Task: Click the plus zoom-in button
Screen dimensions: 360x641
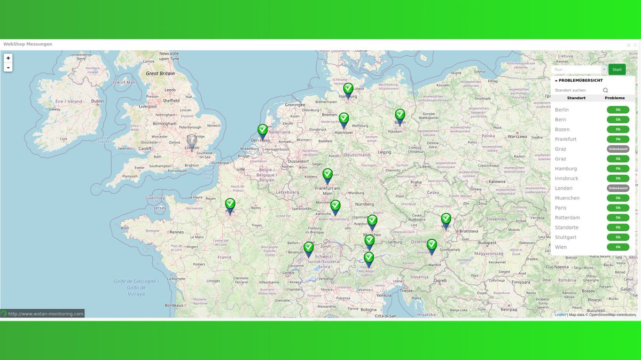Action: click(x=8, y=58)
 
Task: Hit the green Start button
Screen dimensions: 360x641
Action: click(x=617, y=69)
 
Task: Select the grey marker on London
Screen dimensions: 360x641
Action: click(x=192, y=141)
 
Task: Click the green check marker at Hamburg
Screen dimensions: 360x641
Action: click(x=348, y=89)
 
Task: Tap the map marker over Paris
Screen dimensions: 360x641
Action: click(x=230, y=205)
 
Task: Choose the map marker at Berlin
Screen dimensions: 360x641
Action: click(x=400, y=115)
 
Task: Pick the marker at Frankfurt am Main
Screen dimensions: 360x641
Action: click(x=327, y=175)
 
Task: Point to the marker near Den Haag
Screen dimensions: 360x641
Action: click(x=262, y=131)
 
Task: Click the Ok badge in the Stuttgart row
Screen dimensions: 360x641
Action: click(x=617, y=237)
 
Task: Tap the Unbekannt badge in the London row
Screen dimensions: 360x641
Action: click(x=617, y=188)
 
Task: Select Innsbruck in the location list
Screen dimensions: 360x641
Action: click(x=566, y=178)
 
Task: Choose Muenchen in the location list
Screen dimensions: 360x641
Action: click(x=567, y=198)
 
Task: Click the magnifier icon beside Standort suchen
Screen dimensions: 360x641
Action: click(x=606, y=90)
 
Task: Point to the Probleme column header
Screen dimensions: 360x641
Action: click(x=614, y=98)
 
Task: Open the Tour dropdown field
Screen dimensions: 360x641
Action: click(x=579, y=69)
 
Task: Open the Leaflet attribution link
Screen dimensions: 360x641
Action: click(x=560, y=315)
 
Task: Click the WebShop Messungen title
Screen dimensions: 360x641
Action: click(x=28, y=44)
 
